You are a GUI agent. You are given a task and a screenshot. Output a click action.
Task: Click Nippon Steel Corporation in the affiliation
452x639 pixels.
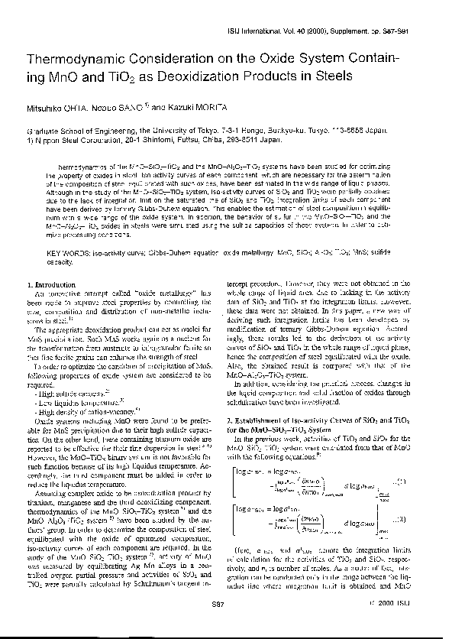point(85,140)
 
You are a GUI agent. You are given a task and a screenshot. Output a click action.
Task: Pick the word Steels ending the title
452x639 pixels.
point(330,76)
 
